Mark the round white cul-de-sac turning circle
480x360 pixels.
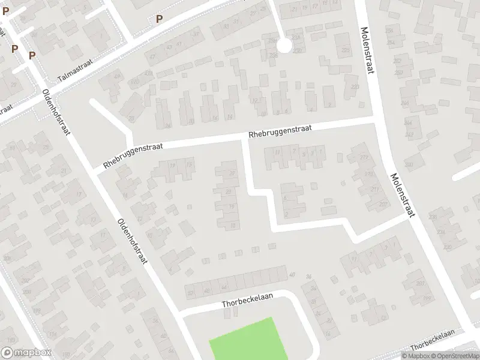[x=283, y=45]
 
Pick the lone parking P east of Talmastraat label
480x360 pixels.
[x=159, y=19]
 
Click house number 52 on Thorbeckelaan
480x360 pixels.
[x=191, y=292]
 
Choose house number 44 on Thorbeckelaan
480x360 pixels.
[x=224, y=288]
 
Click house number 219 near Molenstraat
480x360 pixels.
[x=368, y=174]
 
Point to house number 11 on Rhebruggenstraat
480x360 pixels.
[x=277, y=152]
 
